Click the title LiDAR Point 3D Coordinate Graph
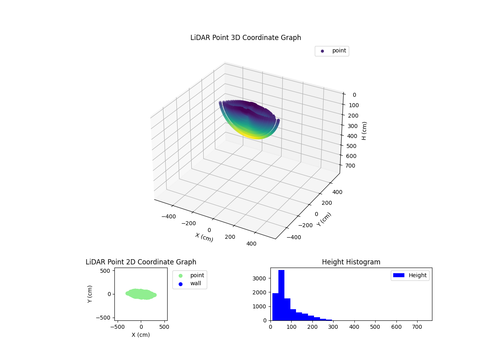(x=246, y=38)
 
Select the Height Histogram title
(x=351, y=262)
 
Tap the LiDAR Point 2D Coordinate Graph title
(x=141, y=262)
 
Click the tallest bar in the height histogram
(x=281, y=295)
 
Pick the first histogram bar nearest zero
(x=275, y=307)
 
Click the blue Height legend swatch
(x=399, y=275)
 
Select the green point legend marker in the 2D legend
(x=180, y=276)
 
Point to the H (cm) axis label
(x=364, y=130)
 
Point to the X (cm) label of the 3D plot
(x=204, y=237)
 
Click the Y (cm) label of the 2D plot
(x=90, y=294)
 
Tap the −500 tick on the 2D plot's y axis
(x=104, y=318)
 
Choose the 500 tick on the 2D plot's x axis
(x=164, y=326)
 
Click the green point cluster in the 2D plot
(x=141, y=294)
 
